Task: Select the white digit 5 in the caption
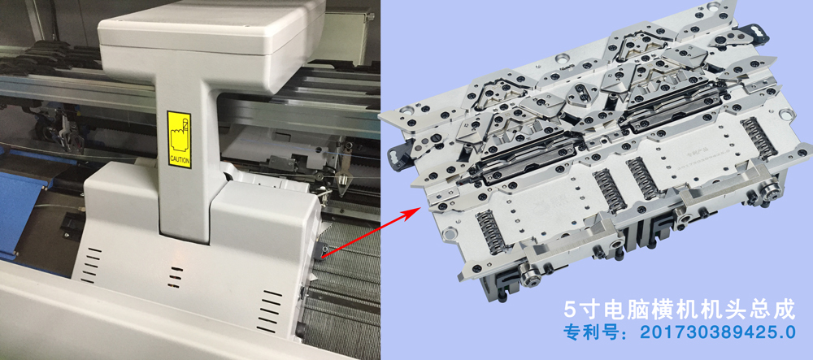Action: (x=572, y=310)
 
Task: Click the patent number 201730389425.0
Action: (x=717, y=332)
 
